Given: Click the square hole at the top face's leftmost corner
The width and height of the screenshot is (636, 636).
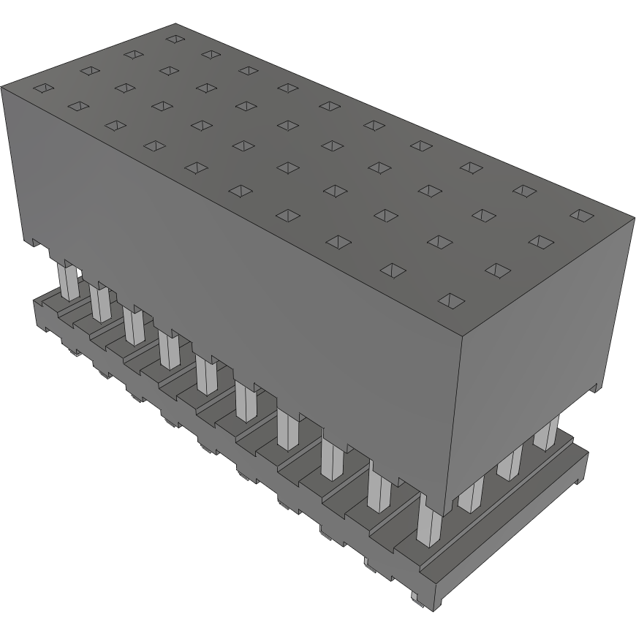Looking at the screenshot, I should pos(44,88).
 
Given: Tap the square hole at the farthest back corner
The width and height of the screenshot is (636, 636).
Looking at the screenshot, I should pos(174,38).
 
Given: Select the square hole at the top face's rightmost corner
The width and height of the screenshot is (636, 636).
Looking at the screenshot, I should pos(582,215).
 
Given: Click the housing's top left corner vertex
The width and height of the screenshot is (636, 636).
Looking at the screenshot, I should pos(2,86).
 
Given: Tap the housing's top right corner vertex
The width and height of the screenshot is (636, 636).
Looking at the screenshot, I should pos(633,216).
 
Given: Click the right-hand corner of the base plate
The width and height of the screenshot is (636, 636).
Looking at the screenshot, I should pos(587,454).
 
